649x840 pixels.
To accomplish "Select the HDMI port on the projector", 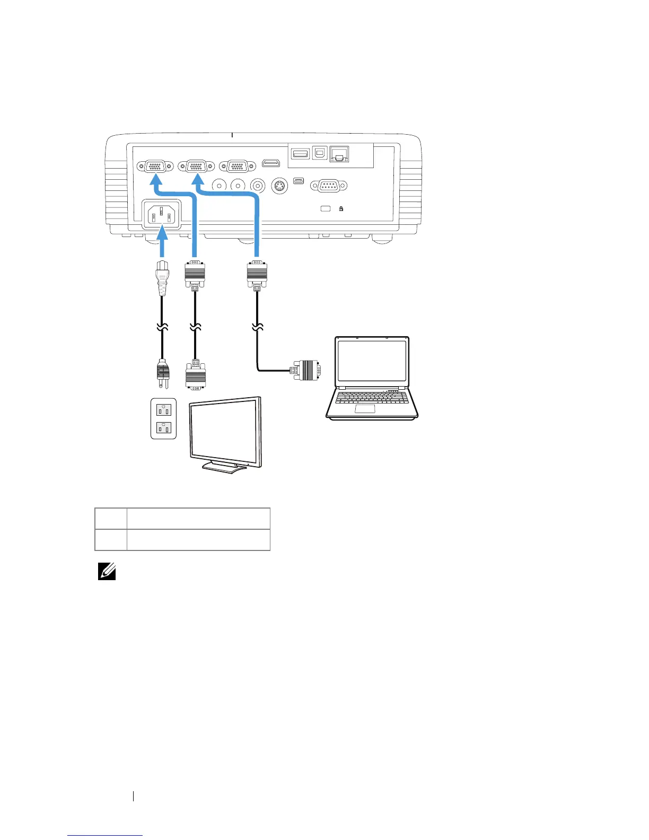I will point(271,163).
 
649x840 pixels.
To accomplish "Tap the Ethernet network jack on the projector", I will point(339,154).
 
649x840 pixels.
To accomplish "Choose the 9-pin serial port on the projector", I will point(328,186).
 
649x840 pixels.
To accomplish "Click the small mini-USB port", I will point(299,182).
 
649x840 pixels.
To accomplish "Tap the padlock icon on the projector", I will point(341,208).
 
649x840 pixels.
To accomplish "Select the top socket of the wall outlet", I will point(163,409).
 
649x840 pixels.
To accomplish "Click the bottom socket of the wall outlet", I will point(163,427).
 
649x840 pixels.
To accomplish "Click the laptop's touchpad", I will point(365,408).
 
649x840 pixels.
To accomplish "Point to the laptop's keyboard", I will point(372,397).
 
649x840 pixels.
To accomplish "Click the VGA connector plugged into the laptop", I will point(305,370).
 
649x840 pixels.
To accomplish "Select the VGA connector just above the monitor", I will point(196,376).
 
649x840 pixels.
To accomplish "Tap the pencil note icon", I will point(107,572).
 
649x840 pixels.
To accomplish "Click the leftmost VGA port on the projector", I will point(155,166).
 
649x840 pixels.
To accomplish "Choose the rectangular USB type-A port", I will point(301,154).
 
